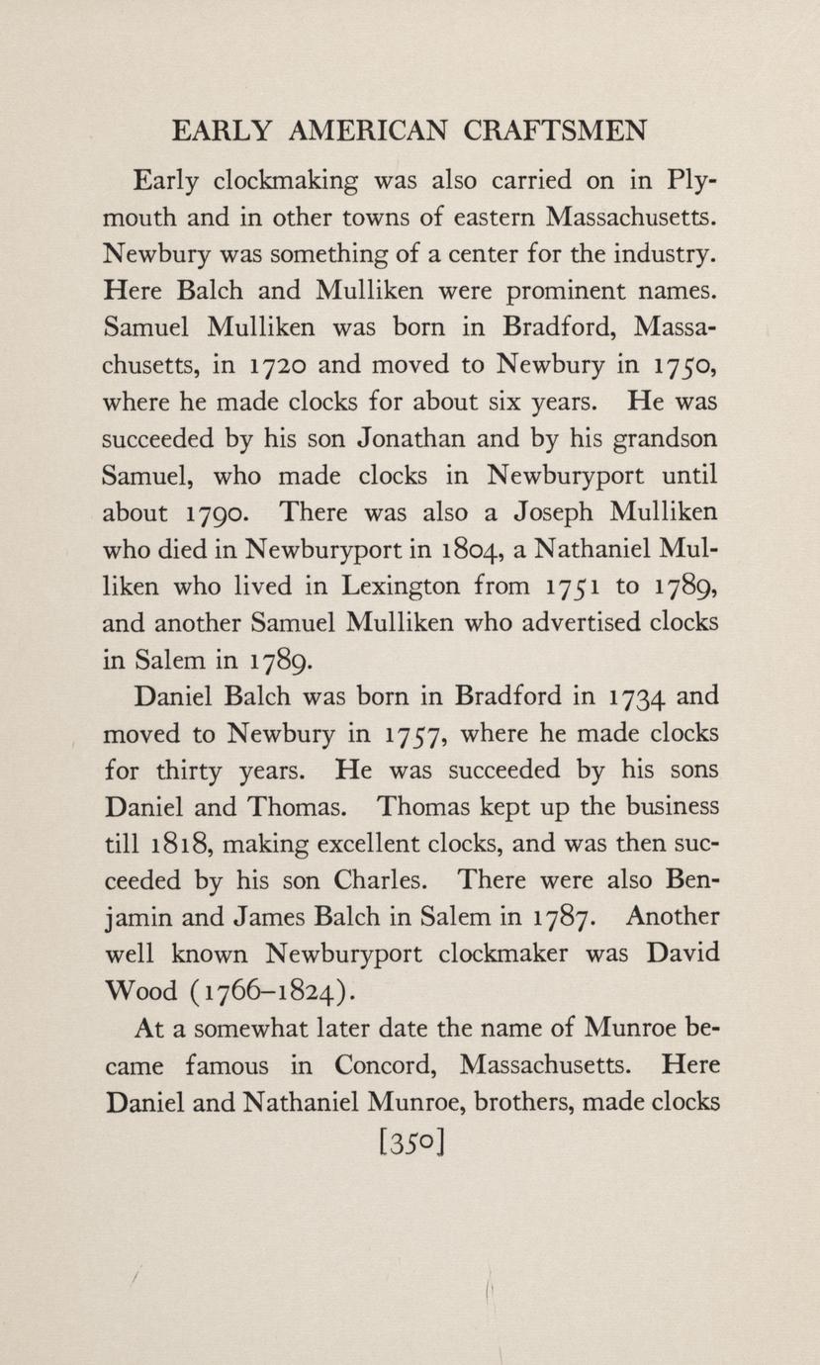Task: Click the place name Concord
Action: tap(382, 1065)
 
